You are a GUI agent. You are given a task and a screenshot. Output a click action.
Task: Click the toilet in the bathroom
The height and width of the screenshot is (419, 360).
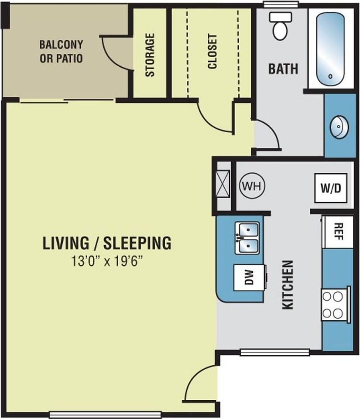click(280, 26)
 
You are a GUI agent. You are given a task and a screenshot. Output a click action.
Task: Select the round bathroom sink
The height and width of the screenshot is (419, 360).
click(339, 127)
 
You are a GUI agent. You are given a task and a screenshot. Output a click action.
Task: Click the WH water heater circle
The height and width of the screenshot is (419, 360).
click(252, 186)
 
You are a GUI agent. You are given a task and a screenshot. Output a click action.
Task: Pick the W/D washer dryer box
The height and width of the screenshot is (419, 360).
click(331, 188)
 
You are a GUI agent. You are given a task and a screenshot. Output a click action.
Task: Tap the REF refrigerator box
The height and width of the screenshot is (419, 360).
click(338, 232)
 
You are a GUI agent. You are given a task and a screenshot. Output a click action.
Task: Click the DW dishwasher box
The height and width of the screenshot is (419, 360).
click(250, 278)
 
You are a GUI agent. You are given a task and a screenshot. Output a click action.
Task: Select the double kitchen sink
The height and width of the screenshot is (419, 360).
click(247, 238)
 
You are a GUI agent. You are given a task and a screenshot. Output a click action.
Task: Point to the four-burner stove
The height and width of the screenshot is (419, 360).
click(336, 304)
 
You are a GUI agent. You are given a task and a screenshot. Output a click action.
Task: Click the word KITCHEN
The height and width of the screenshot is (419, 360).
click(288, 285)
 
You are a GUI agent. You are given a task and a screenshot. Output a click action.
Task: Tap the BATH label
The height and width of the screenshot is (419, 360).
click(283, 69)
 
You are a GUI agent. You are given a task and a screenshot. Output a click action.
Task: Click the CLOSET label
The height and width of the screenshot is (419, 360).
click(213, 52)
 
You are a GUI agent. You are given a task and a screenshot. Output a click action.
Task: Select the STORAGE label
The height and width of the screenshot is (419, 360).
click(150, 55)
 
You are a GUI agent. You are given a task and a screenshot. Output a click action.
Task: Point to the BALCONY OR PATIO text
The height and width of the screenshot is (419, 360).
click(61, 52)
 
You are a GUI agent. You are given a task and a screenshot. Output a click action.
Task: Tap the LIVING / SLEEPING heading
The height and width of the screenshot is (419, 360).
click(107, 243)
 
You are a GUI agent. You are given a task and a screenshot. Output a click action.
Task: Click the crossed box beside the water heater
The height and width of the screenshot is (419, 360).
click(223, 183)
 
